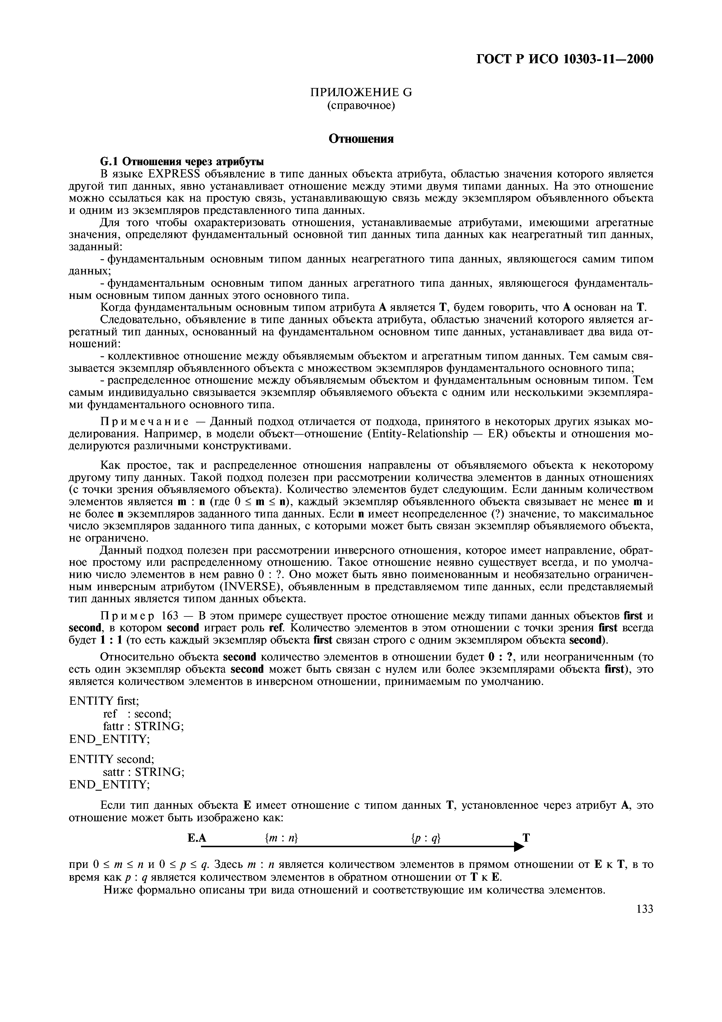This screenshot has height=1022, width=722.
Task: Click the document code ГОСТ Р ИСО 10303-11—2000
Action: [x=564, y=59]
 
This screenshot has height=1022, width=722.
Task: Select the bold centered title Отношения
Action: [x=361, y=139]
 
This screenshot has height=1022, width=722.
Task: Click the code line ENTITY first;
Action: [x=104, y=701]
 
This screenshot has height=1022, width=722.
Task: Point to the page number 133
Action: [x=645, y=908]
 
